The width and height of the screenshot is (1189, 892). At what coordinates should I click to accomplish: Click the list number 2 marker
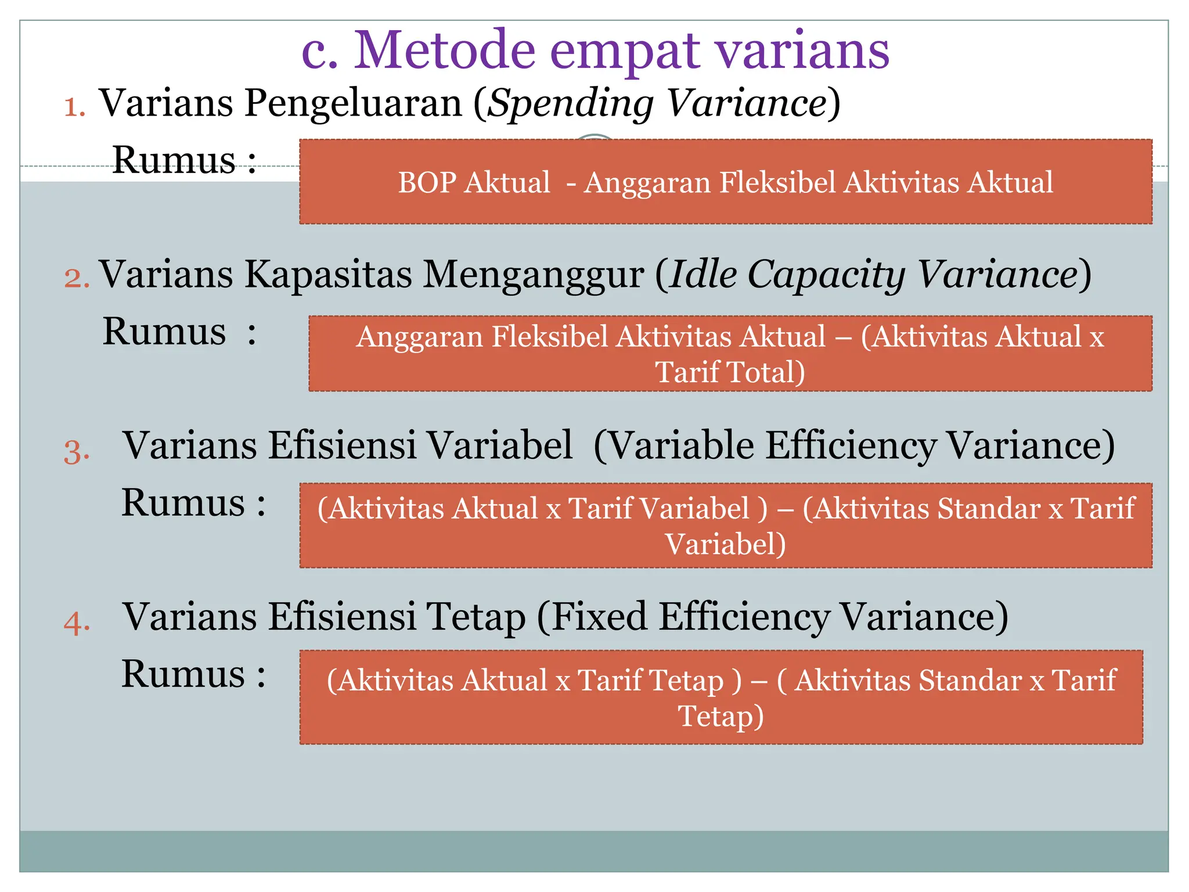pos(77,278)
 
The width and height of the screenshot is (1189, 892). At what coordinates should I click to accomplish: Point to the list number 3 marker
pos(77,451)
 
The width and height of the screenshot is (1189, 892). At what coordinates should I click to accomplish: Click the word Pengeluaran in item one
pos(353,103)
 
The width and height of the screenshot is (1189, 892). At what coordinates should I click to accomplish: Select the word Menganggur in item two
pos(532,274)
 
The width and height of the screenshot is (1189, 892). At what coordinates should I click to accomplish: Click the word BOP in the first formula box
pos(427,182)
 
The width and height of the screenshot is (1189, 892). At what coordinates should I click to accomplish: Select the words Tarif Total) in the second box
pos(730,372)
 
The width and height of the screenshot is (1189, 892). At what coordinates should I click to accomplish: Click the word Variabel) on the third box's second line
pos(725,544)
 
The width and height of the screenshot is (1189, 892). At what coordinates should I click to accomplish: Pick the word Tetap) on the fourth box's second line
pos(720,716)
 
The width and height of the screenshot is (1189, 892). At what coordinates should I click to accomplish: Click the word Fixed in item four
pos(599,616)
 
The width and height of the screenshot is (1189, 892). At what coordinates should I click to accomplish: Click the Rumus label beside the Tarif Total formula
pos(164,332)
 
